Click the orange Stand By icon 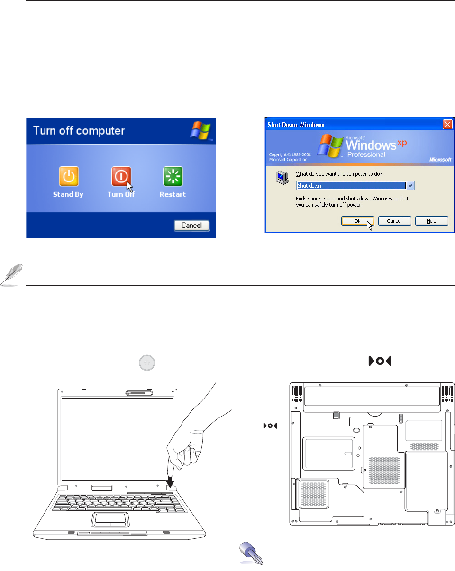[69, 177]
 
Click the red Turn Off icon [121, 177]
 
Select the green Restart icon [173, 177]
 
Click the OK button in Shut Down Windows [358, 221]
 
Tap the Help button [432, 221]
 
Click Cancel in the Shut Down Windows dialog [394, 221]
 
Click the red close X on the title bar [447, 125]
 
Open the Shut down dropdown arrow [410, 186]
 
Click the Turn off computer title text [78, 130]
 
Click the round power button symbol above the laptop [147, 363]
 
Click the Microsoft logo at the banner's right [440, 160]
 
